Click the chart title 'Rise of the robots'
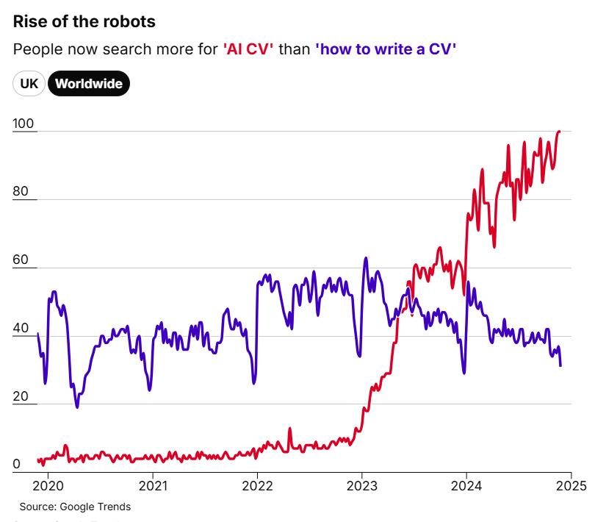pyautogui.click(x=84, y=21)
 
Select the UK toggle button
pyautogui.click(x=29, y=84)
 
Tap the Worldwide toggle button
pyautogui.click(x=89, y=84)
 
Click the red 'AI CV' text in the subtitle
pyautogui.click(x=248, y=49)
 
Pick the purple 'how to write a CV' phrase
pyautogui.click(x=386, y=49)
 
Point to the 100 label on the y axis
pyautogui.click(x=24, y=124)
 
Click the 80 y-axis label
pyautogui.click(x=21, y=192)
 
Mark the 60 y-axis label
pyautogui.click(x=21, y=260)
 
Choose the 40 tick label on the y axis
pyautogui.click(x=21, y=329)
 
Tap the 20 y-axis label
pyautogui.click(x=21, y=397)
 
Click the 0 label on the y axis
pyautogui.click(x=17, y=465)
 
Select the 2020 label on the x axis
pyautogui.click(x=46, y=485)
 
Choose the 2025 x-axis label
pyautogui.click(x=570, y=485)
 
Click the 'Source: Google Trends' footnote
pyautogui.click(x=75, y=507)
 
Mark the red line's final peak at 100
pyautogui.click(x=559, y=132)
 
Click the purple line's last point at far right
pyautogui.click(x=560, y=365)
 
